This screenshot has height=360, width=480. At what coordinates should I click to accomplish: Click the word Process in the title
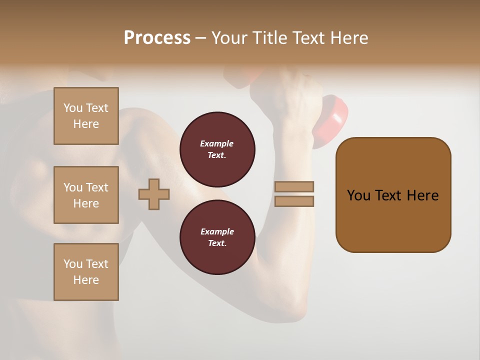[157, 38]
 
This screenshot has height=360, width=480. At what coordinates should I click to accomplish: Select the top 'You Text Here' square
[86, 116]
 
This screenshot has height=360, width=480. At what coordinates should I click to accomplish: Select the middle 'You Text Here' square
[86, 195]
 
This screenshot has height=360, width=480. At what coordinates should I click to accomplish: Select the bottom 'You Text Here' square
[86, 272]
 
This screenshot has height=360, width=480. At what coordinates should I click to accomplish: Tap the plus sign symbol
[154, 194]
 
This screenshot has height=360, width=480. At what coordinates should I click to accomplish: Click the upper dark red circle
[217, 149]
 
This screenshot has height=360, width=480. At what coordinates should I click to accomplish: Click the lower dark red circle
[217, 237]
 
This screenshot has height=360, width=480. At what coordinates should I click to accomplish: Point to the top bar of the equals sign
[294, 187]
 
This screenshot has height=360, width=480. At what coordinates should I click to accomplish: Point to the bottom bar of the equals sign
[294, 201]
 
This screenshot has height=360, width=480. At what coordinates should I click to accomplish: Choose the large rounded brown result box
[393, 194]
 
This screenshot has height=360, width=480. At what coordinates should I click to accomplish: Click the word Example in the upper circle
[216, 143]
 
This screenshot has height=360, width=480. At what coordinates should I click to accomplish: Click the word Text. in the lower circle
[217, 243]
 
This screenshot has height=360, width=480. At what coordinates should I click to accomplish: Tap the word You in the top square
[72, 108]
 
